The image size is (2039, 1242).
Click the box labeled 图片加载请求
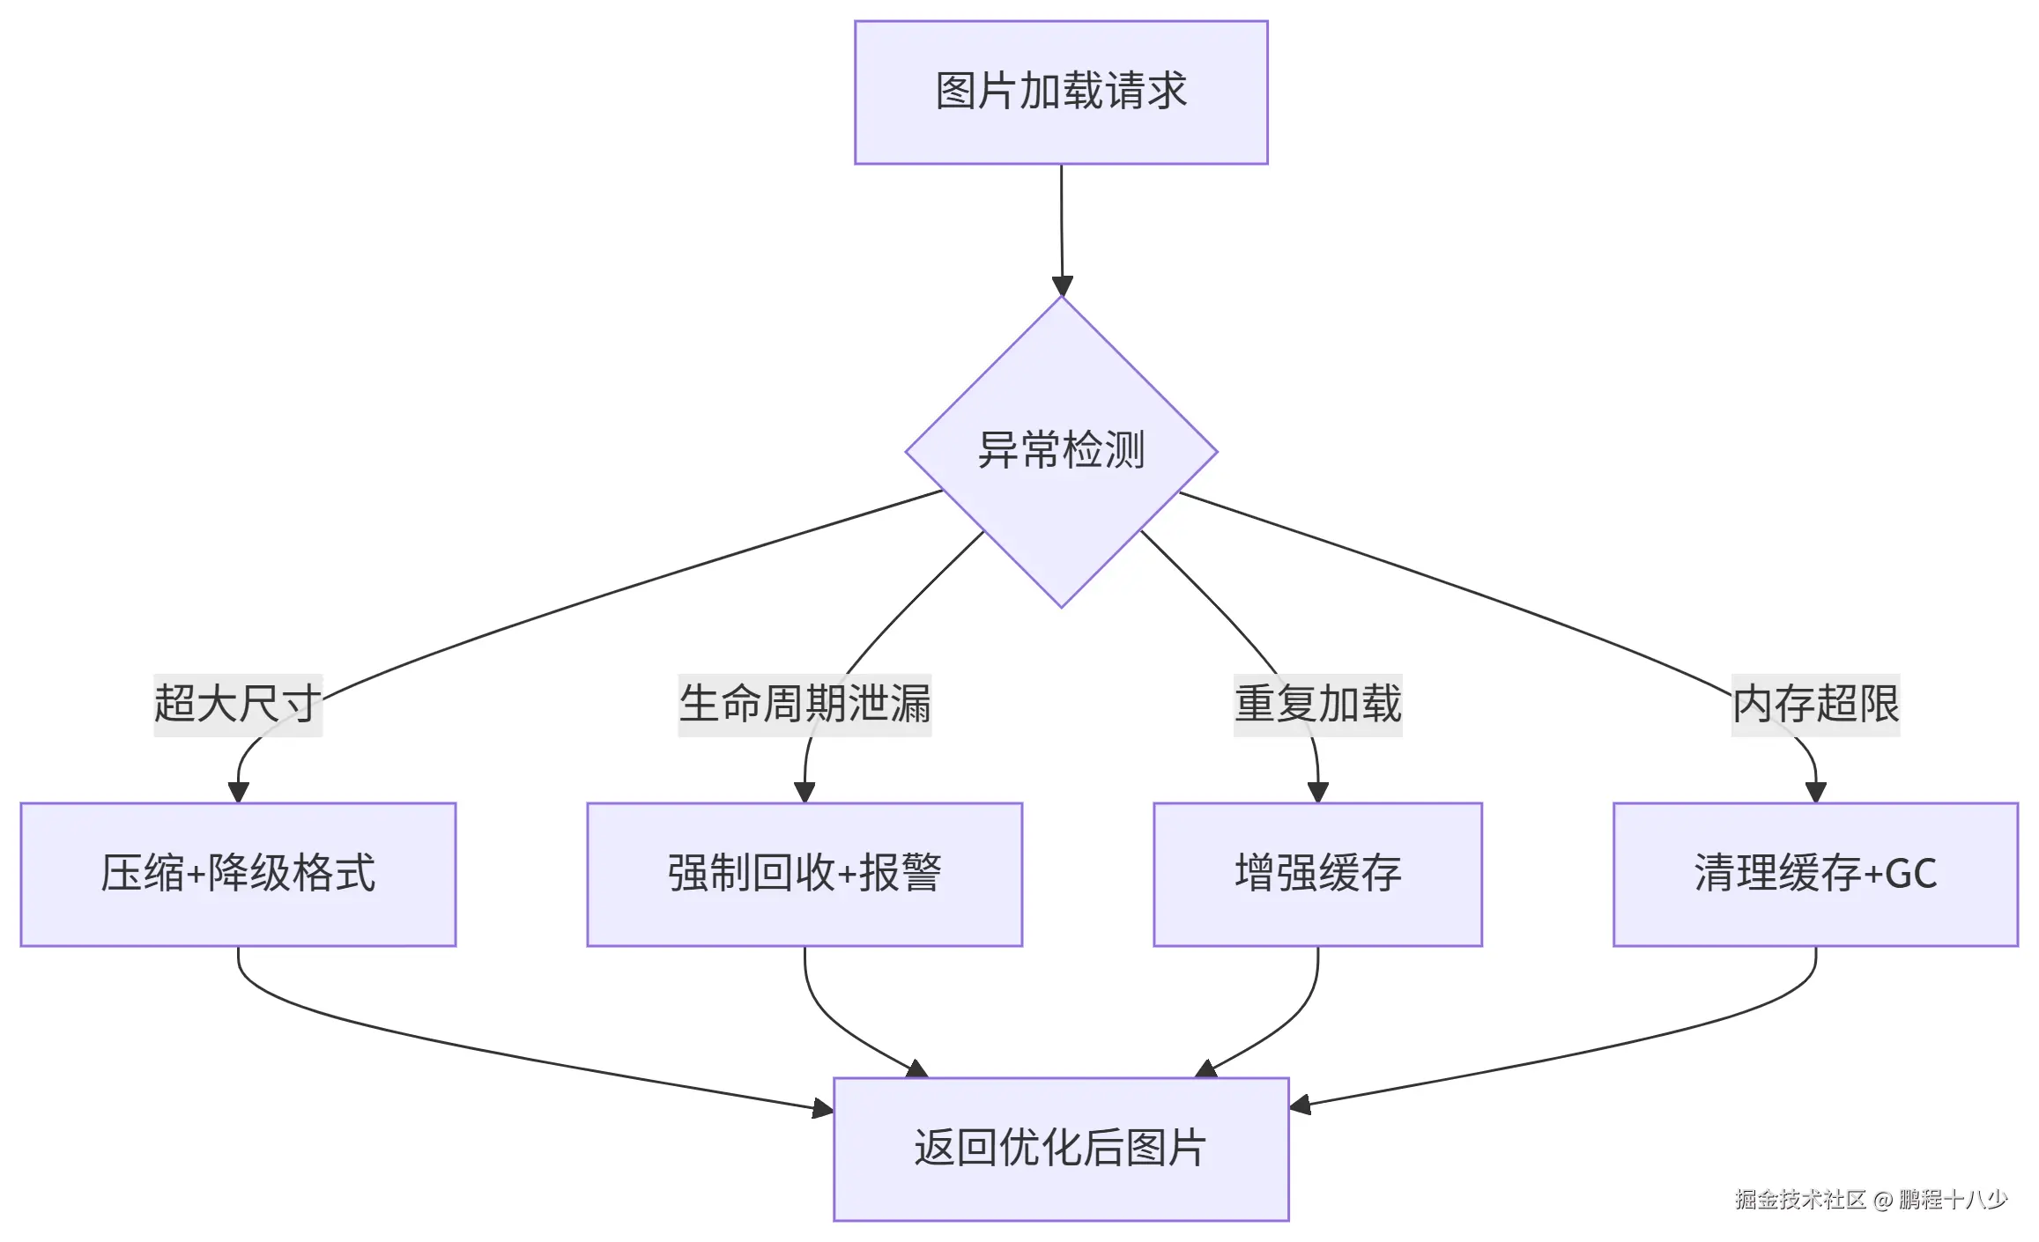1061,92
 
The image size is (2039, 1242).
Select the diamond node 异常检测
1061,451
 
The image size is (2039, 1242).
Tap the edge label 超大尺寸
237,705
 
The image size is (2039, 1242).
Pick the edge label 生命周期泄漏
804,705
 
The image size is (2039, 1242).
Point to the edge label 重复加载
1317,705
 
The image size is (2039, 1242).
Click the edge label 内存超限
1815,705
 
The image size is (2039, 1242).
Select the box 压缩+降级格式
238,874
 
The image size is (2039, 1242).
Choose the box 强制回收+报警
804,874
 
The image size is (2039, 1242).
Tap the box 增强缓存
1317,874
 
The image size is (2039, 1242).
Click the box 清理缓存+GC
1815,874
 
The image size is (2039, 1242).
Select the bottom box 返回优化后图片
1061,1148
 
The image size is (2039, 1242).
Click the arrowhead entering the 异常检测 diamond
1063,286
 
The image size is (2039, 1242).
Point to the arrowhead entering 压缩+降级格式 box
238,791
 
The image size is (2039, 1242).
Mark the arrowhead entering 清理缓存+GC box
1815,791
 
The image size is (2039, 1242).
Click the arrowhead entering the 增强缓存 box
1318,791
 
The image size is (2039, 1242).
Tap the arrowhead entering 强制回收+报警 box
804,791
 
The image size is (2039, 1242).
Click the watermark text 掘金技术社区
1800,1200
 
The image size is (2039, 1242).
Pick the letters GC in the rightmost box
1911,874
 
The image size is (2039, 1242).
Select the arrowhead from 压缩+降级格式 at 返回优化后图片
823,1108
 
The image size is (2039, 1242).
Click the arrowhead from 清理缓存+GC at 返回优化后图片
1300,1105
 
